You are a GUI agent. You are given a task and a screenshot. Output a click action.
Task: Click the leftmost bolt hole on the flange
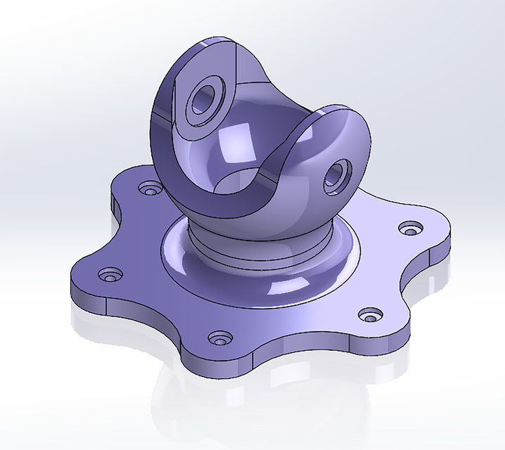[x=108, y=274]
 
